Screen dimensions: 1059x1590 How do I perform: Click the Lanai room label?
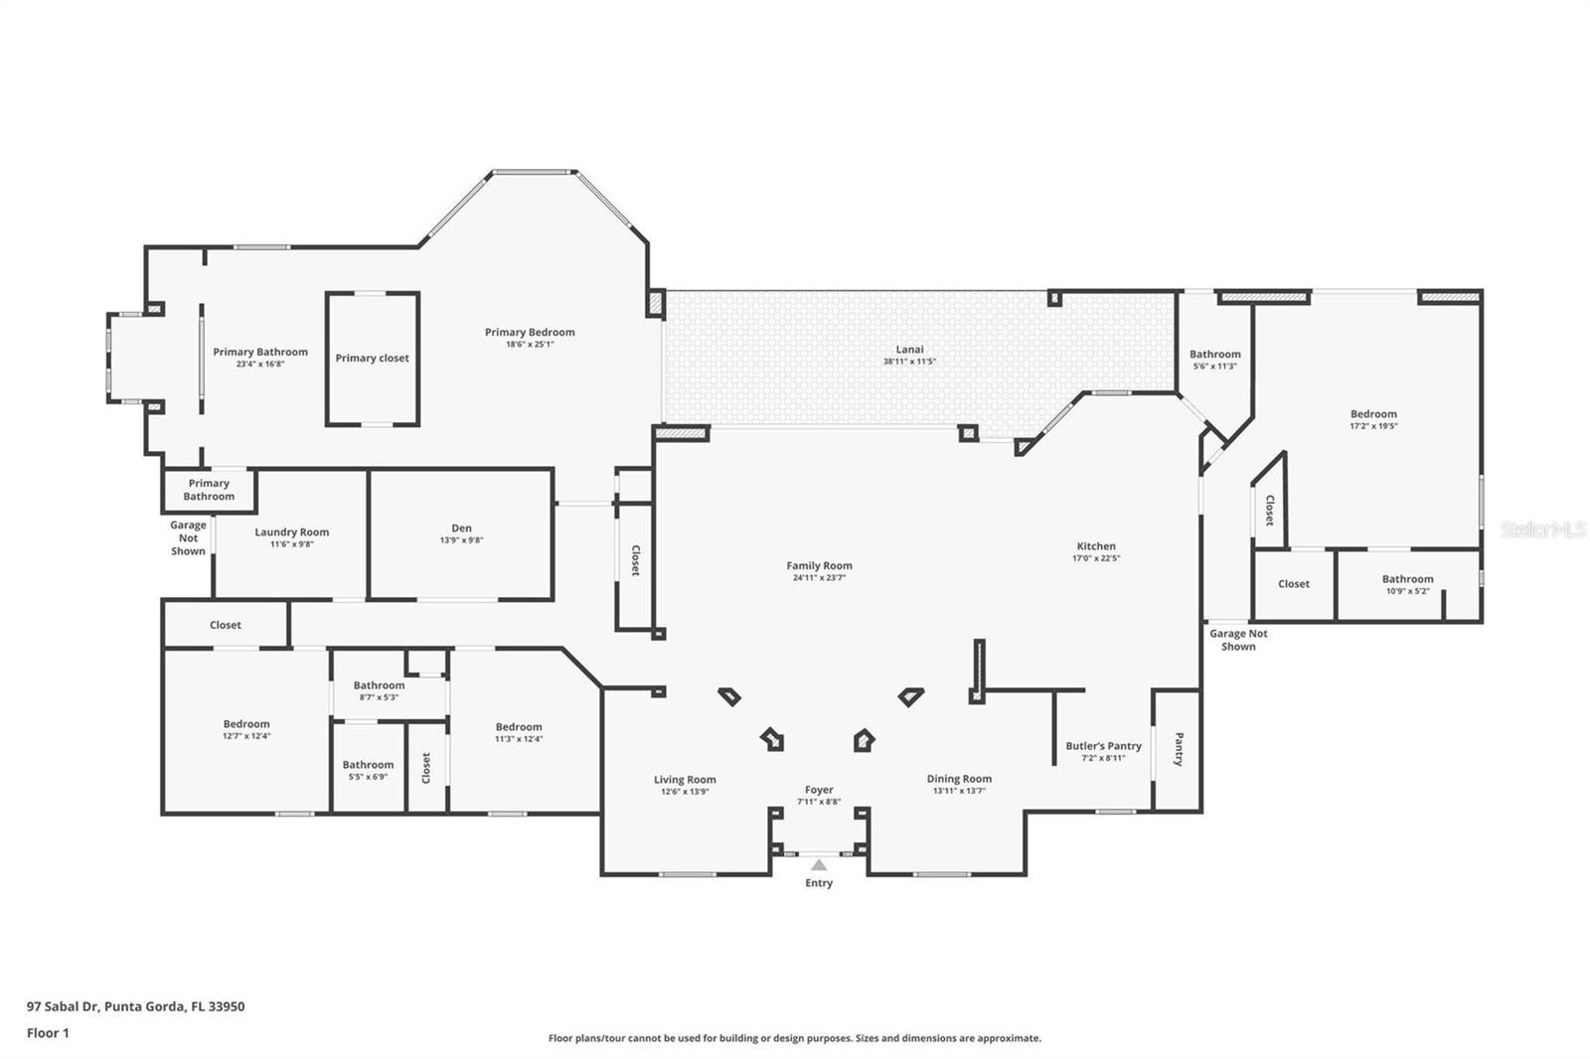tap(909, 350)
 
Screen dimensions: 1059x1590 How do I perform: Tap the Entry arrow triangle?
tap(818, 865)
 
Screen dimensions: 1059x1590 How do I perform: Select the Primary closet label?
tap(372, 359)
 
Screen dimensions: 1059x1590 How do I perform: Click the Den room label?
tap(461, 529)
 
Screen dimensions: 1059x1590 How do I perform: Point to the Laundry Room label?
tap(291, 532)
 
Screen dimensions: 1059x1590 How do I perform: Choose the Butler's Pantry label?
tap(1103, 746)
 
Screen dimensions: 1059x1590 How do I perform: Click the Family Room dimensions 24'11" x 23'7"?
tap(819, 578)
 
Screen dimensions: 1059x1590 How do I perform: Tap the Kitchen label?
tap(1096, 546)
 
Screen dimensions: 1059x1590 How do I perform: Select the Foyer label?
tap(819, 790)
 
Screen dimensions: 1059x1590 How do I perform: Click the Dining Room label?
tap(959, 779)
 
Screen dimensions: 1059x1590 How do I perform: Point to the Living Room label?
tap(685, 780)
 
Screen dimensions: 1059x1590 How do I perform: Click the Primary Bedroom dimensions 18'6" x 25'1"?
tap(530, 345)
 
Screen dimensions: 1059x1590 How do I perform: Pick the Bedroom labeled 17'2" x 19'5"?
tap(1373, 414)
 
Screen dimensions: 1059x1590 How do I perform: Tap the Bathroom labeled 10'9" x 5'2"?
tap(1407, 579)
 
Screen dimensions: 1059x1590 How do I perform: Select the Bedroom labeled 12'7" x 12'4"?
tap(246, 724)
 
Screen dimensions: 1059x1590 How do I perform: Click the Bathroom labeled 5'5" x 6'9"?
tap(368, 765)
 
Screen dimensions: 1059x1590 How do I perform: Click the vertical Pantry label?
tap(1179, 749)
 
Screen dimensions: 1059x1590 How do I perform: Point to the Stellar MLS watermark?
tap(1543, 529)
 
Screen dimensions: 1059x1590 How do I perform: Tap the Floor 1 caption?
tap(48, 1033)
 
